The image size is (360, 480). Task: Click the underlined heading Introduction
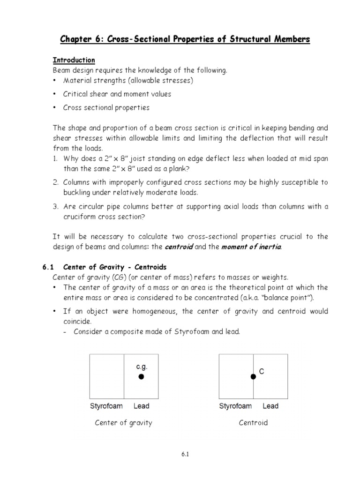[x=74, y=60]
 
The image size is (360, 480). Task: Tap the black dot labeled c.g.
[x=141, y=376]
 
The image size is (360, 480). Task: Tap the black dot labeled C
[x=253, y=376]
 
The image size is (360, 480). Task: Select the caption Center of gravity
[x=124, y=423]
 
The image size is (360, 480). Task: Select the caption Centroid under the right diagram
[x=253, y=423]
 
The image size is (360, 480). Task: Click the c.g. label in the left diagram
[x=141, y=366]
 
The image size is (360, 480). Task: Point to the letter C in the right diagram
[x=262, y=371]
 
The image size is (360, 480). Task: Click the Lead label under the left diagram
[x=141, y=406]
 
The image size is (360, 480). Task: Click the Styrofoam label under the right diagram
[x=235, y=406]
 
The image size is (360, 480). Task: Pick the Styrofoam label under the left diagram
[x=106, y=406]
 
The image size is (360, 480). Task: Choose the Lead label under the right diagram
[x=270, y=406]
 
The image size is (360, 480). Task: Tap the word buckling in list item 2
[x=77, y=193]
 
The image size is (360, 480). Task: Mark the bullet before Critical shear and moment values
[x=55, y=94]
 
